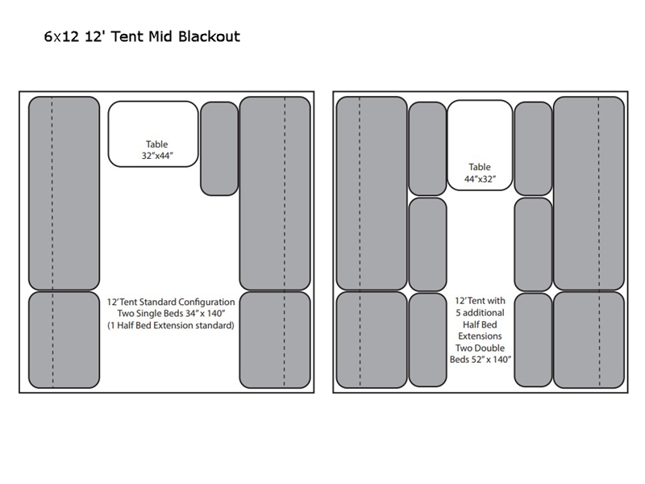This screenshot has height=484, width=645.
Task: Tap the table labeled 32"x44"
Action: (x=153, y=133)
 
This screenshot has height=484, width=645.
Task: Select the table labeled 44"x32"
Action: (x=479, y=145)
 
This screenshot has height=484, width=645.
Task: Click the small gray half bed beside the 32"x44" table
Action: (x=218, y=148)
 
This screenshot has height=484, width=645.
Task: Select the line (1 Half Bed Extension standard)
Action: (x=170, y=326)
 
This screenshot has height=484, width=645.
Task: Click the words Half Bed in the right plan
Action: (x=479, y=323)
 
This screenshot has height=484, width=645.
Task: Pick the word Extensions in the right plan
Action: (x=479, y=336)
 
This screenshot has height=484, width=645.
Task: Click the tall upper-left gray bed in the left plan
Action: (x=53, y=193)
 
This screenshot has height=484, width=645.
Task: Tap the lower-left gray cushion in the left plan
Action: (x=53, y=340)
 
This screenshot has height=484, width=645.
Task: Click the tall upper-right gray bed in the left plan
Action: (x=275, y=193)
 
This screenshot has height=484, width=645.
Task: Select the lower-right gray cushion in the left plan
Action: (x=275, y=340)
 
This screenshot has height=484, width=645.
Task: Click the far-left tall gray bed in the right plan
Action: (x=372, y=193)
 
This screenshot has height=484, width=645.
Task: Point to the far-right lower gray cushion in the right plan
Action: (x=589, y=340)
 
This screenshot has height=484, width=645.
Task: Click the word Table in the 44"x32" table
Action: (x=479, y=167)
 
